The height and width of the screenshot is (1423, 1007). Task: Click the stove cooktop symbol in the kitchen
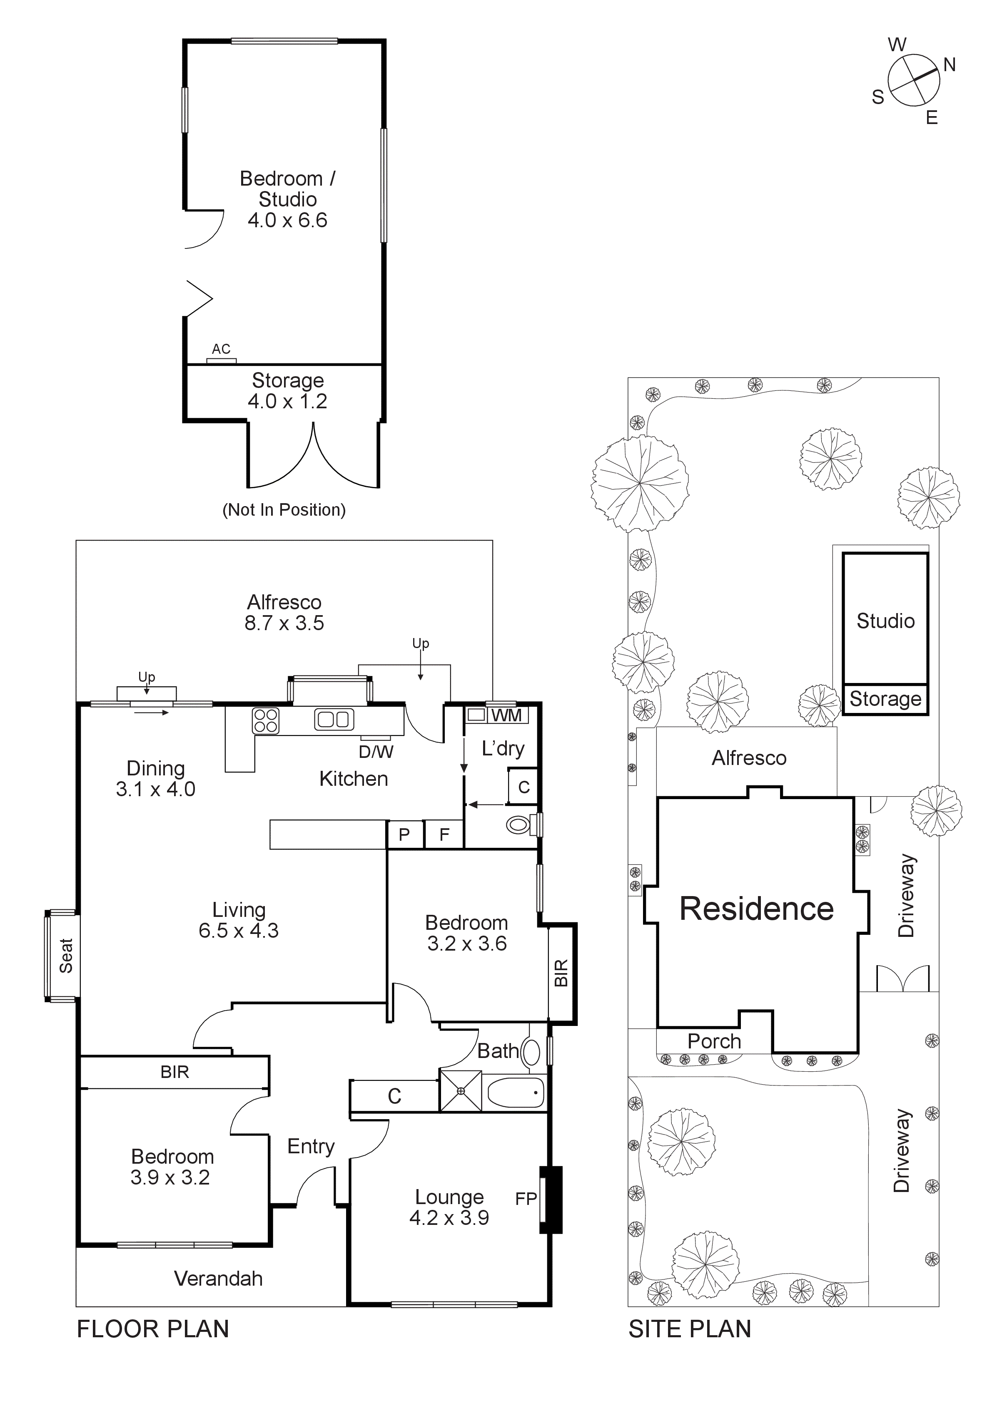coord(266,721)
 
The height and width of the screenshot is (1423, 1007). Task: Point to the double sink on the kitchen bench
coord(334,720)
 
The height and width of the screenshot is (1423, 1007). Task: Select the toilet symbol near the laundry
coord(518,825)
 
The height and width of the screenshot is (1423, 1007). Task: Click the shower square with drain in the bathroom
coord(460,1090)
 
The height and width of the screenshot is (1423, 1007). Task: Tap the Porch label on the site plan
coord(714,1041)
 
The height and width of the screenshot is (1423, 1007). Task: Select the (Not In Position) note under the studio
coord(284,510)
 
